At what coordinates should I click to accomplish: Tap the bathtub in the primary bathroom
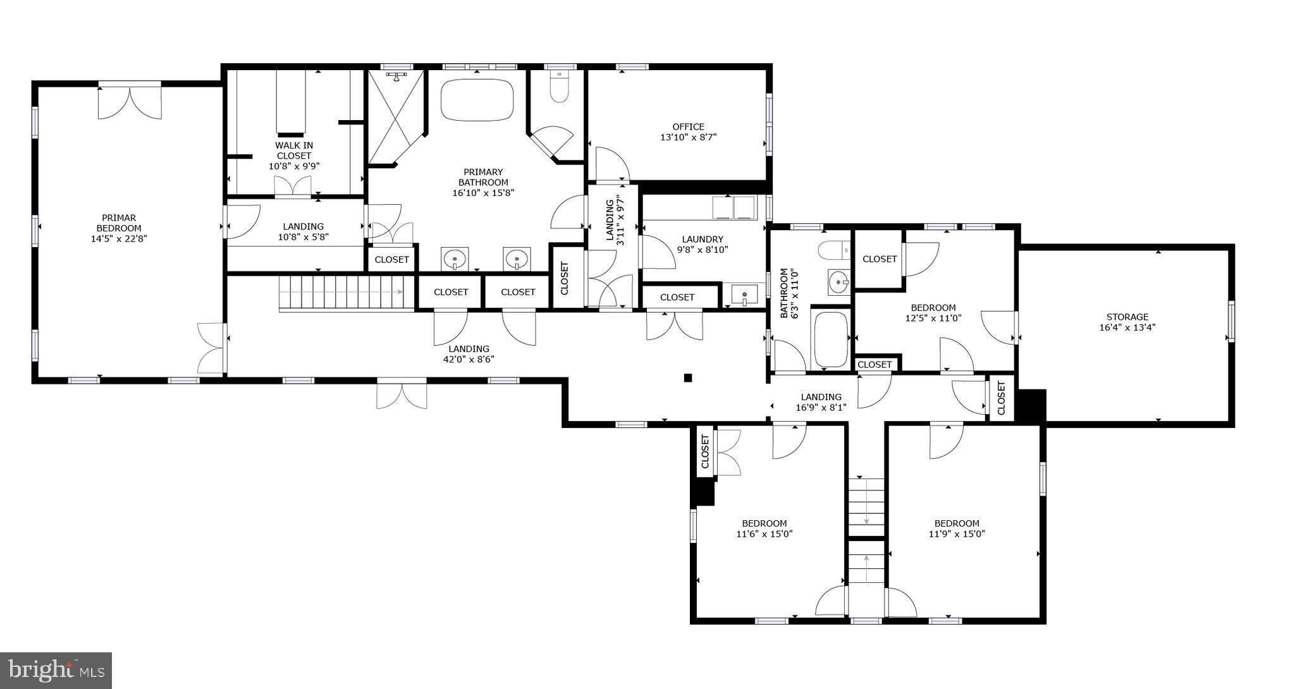tap(477, 100)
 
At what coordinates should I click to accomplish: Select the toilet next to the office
tap(559, 87)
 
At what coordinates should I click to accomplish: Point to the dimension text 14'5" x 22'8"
tap(119, 239)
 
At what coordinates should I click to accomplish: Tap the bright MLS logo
tap(56, 670)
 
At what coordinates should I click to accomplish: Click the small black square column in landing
tap(688, 378)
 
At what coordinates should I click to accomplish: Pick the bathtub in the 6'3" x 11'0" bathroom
tap(831, 339)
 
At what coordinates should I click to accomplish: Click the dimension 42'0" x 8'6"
tap(469, 360)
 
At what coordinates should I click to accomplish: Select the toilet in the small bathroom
tap(833, 250)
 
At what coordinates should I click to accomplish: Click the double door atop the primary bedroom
tap(130, 101)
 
